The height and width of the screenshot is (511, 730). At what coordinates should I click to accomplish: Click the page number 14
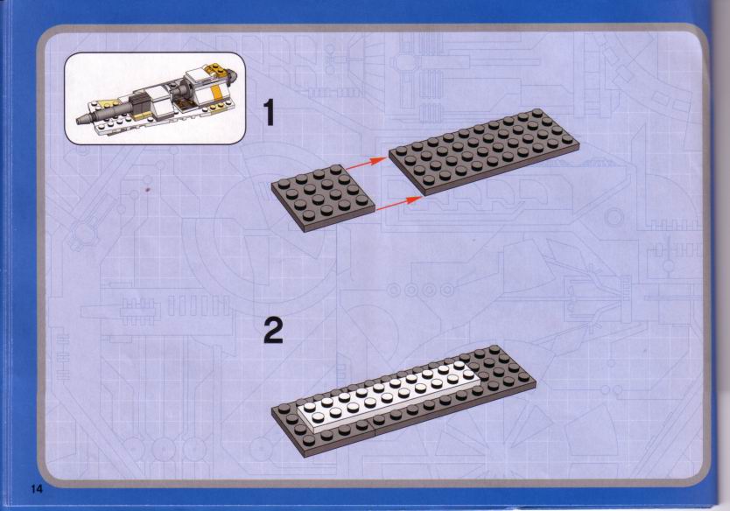click(37, 489)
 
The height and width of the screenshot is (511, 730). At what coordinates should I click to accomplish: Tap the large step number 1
click(269, 113)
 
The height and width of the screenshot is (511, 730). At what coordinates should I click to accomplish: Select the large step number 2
click(273, 331)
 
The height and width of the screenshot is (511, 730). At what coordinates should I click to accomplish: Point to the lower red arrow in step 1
click(398, 204)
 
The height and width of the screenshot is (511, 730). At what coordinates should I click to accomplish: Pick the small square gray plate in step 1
click(323, 198)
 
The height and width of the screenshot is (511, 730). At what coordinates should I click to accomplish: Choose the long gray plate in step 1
click(484, 150)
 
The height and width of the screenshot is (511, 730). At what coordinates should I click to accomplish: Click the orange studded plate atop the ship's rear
click(217, 70)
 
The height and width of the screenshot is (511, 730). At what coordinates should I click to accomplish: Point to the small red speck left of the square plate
click(148, 190)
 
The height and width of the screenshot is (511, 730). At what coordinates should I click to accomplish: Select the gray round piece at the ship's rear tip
click(234, 74)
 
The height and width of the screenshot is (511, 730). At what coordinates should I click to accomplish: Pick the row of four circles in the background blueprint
click(421, 290)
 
